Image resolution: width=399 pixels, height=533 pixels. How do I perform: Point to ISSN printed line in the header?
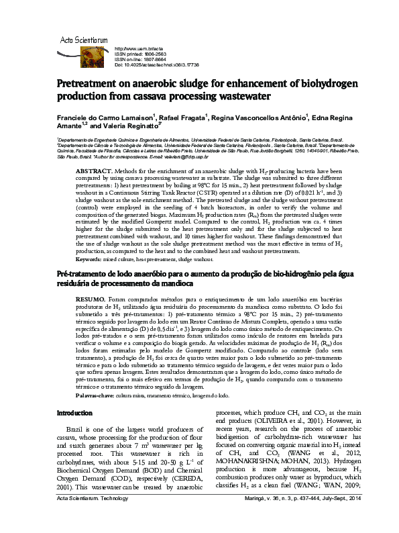click(143, 54)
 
